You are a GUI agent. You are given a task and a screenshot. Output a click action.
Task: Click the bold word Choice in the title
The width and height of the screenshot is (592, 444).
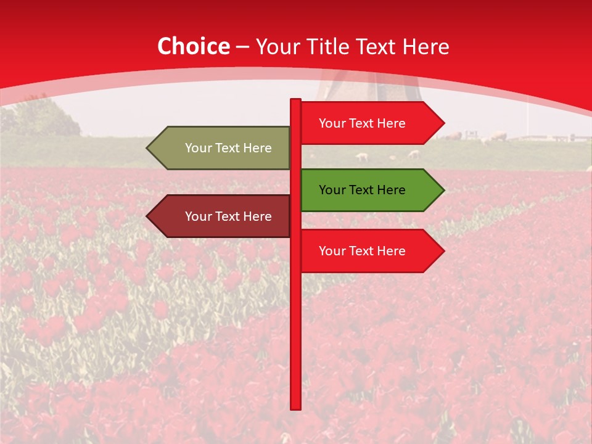click(x=194, y=47)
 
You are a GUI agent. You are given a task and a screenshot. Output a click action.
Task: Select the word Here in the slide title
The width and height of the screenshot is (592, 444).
click(x=425, y=47)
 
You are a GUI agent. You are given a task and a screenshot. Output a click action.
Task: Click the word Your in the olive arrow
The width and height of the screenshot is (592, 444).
click(x=198, y=148)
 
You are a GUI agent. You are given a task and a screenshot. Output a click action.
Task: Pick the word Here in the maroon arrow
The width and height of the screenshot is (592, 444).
click(x=258, y=216)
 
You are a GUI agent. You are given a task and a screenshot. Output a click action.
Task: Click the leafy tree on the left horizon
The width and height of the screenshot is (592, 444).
click(x=43, y=117)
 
